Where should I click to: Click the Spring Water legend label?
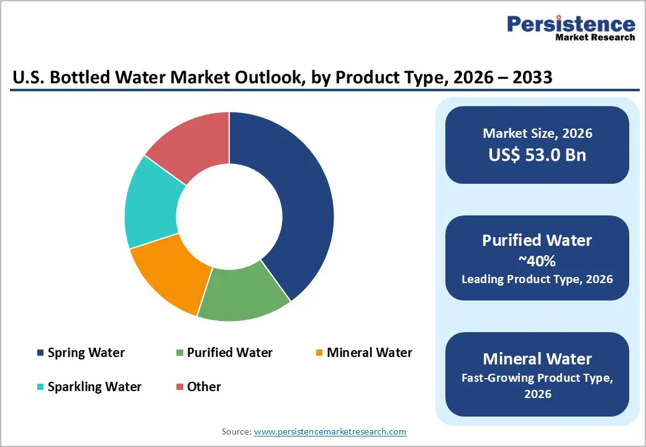point(86,353)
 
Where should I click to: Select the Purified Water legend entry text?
point(229,353)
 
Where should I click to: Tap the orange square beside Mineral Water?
point(319,353)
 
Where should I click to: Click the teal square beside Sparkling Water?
point(40,387)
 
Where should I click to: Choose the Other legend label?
point(204,387)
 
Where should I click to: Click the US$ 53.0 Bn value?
point(537,155)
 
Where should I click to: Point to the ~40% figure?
point(537,261)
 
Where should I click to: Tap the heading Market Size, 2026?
point(537,133)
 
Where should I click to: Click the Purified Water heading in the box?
point(537,240)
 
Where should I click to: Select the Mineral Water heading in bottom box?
point(537,358)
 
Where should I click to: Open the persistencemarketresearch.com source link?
point(330,431)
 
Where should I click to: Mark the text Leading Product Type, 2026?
point(537,279)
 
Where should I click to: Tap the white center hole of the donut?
point(229,217)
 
